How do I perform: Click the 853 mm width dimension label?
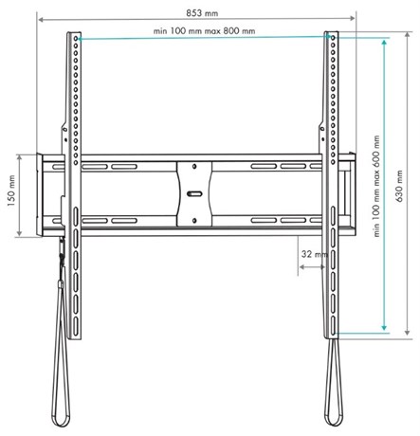[202, 13]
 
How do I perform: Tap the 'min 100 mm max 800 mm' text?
[204, 31]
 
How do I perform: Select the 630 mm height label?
[399, 186]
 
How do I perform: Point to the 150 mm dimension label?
[11, 191]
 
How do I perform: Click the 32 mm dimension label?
[314, 254]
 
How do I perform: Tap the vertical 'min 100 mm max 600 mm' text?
[376, 187]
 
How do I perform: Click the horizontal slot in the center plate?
[194, 193]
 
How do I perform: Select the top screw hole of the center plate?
[194, 166]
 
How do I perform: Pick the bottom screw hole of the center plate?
[194, 221]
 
